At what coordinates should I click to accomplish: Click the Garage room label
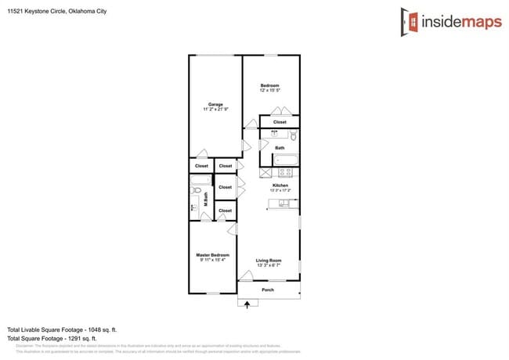(x=215, y=104)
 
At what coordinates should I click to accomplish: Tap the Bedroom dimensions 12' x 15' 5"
(x=269, y=91)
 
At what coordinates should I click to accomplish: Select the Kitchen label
(x=280, y=185)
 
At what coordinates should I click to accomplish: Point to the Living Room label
(x=269, y=261)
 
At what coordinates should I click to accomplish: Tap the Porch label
(x=268, y=290)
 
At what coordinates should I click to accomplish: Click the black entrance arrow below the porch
(x=247, y=304)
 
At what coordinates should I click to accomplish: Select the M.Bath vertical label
(x=206, y=200)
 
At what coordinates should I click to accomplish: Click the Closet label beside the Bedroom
(x=280, y=122)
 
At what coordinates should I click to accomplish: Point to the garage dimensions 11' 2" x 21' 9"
(x=215, y=110)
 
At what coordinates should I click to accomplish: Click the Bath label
(x=280, y=148)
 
